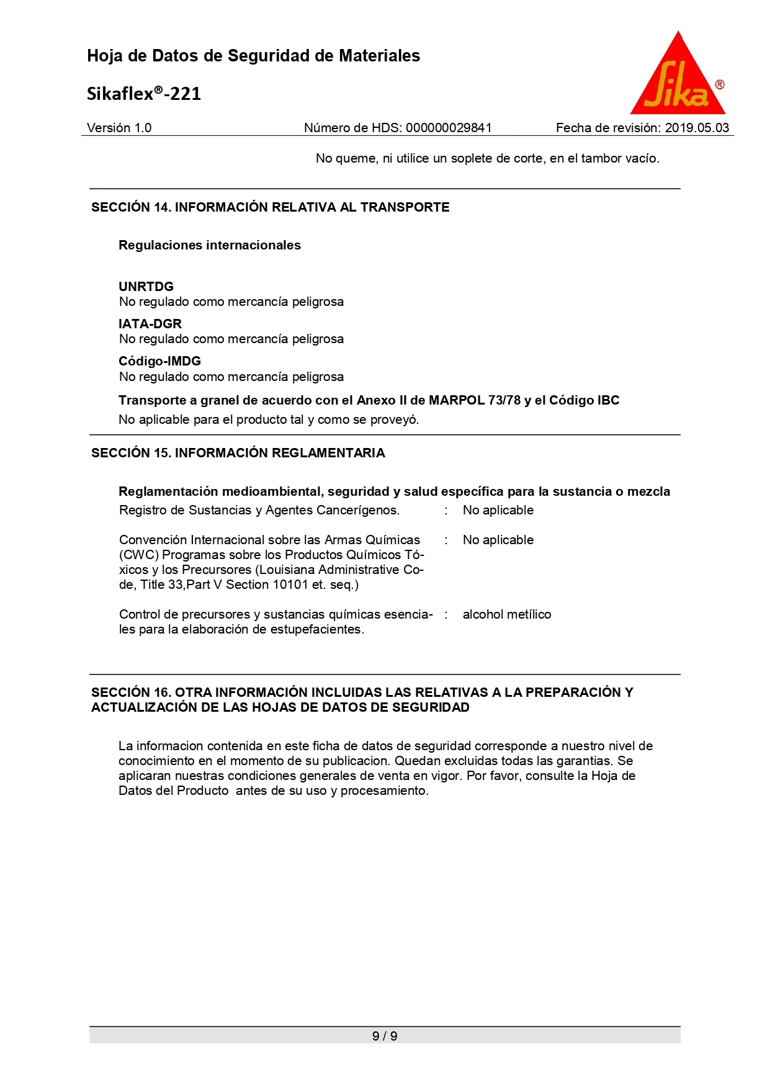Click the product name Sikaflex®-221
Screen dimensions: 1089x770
pos(144,94)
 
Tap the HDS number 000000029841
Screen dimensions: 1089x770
pos(449,128)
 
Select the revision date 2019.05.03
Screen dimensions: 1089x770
pos(697,128)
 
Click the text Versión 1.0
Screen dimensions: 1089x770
pos(119,128)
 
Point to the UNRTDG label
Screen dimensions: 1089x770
pos(146,287)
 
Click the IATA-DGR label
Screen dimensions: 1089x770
pos(150,324)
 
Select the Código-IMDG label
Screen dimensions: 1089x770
pos(159,361)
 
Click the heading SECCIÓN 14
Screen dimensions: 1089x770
pos(131,207)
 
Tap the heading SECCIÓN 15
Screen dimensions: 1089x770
pos(131,453)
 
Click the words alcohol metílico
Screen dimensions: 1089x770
pos(506,614)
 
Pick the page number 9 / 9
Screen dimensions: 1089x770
pos(385,1036)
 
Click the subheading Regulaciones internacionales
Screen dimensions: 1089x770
pos(210,245)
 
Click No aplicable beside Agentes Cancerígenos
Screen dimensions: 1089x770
pos(498,510)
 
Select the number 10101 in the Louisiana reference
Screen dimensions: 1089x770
pos(290,585)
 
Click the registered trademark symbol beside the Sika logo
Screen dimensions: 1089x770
pos(720,85)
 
